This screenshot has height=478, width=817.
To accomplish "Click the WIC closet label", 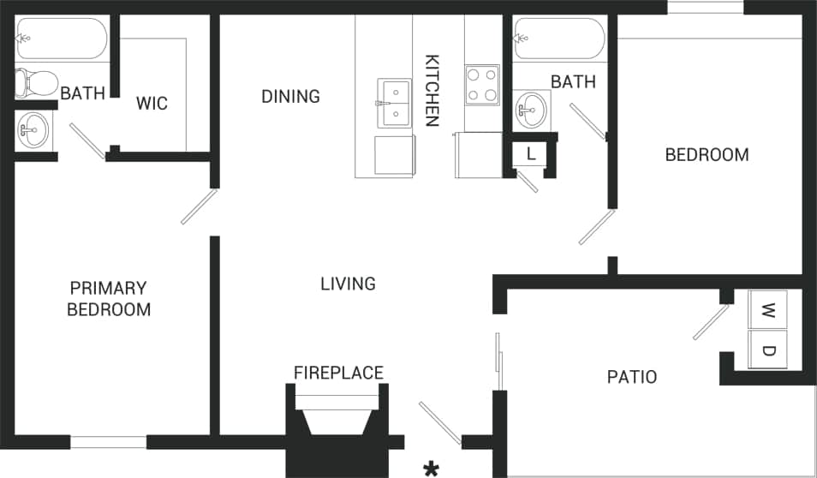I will point(152,104).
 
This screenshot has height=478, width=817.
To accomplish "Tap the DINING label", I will point(290,96).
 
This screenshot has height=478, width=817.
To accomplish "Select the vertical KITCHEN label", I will point(432,91).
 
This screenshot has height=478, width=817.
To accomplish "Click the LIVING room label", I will point(348,284).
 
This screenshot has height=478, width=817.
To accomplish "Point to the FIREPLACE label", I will point(338,373).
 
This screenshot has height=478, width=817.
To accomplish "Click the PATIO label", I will point(631,377).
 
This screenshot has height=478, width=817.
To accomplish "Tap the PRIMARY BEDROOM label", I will point(109,299).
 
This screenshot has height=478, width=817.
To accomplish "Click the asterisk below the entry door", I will point(432,468).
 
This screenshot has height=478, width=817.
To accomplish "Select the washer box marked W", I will point(768,309).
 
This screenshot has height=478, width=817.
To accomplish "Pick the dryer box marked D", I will point(768,350).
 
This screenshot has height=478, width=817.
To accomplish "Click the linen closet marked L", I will point(531,155).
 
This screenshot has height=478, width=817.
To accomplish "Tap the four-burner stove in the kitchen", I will point(482,85).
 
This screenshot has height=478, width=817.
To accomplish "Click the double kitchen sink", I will point(395,103).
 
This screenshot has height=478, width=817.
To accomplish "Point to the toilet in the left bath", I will point(34,82).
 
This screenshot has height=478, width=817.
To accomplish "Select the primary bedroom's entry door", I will point(199,207).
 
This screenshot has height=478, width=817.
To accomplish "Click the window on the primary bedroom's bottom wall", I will point(108,442).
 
